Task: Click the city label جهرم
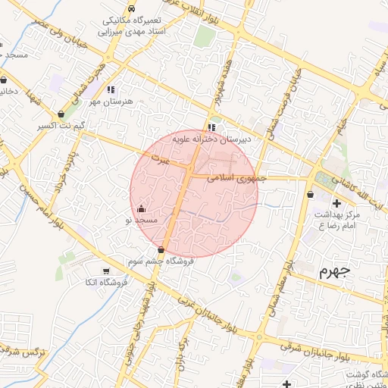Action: point(334,271)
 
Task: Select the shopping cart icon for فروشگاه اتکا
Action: point(105,271)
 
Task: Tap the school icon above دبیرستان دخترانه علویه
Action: point(211,128)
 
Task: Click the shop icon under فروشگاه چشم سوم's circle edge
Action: point(161,250)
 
